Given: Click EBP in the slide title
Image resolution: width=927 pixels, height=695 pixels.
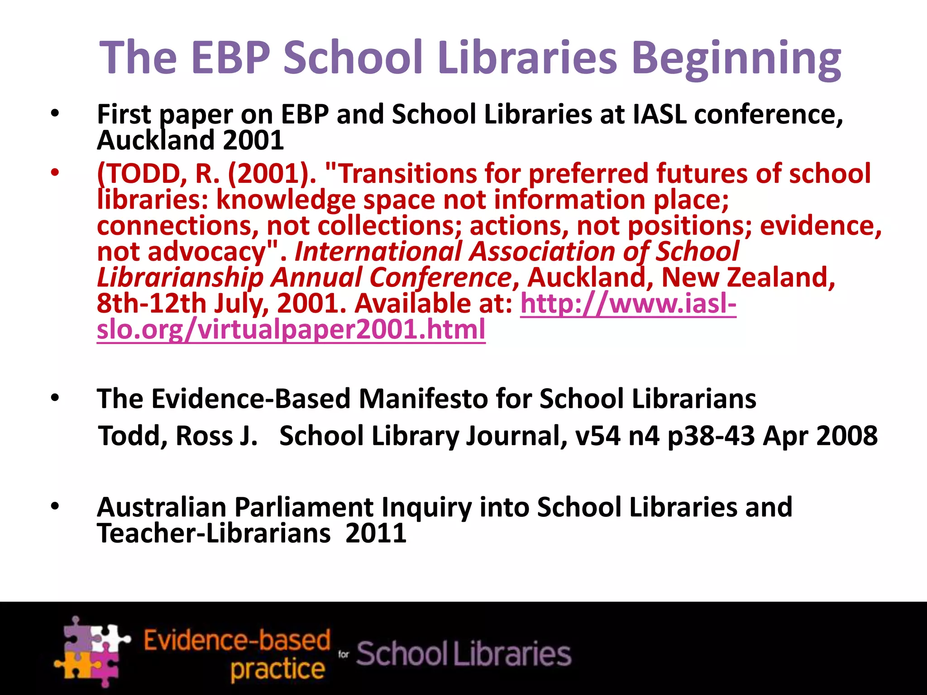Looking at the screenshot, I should (x=230, y=57).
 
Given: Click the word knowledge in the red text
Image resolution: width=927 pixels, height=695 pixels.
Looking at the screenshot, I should (x=286, y=200).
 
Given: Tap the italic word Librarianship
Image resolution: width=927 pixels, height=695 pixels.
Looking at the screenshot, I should (x=180, y=278).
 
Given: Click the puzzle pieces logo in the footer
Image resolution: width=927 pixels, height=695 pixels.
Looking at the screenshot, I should (x=92, y=652).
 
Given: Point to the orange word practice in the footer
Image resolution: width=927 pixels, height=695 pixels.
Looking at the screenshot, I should (x=277, y=669).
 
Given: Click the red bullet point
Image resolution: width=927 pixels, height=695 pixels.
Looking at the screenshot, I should (x=55, y=173).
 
